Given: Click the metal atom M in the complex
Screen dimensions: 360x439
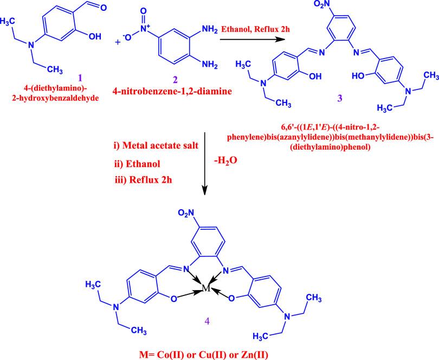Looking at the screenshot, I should pyautogui.click(x=206, y=289).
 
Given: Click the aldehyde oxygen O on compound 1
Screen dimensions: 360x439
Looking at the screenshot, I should pyautogui.click(x=106, y=7).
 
